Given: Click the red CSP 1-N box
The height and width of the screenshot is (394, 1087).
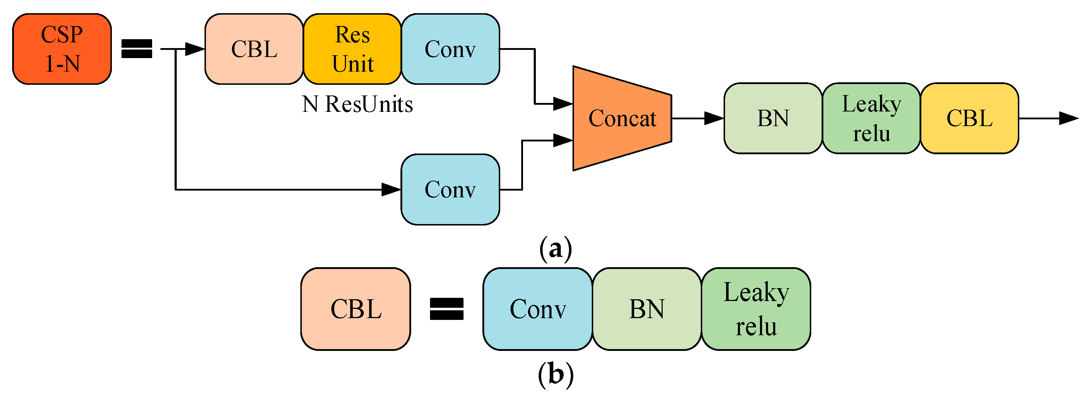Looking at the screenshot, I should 62,49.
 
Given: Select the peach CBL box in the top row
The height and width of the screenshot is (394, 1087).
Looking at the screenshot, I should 254,49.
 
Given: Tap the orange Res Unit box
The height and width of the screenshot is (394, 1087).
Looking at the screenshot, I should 352,49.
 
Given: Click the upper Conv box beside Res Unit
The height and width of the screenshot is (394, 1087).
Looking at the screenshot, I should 450,49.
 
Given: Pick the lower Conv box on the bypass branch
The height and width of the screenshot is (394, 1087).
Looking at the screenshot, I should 450,190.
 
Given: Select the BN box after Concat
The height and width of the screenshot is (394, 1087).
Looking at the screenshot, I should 773,119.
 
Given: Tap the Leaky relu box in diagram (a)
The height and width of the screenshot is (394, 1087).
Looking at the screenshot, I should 871,119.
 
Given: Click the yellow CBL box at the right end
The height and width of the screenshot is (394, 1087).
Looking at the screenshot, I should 969,119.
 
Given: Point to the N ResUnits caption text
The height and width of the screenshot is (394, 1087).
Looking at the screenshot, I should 357,104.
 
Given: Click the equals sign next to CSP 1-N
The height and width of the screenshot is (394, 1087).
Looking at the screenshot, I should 137,48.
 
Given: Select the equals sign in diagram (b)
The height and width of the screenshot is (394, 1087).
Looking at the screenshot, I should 446,309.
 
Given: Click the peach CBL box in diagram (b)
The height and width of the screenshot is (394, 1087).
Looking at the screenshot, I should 356,309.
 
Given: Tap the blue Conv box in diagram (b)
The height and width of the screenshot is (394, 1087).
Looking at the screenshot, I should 538,309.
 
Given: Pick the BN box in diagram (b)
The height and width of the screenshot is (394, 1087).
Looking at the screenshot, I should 647,309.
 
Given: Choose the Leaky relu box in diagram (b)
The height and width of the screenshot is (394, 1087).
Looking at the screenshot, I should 756,309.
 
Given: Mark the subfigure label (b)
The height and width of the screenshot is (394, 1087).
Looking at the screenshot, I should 555,374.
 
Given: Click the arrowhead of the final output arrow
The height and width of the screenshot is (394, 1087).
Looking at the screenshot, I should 1069,119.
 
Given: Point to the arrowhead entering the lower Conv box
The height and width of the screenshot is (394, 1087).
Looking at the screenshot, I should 391,190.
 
